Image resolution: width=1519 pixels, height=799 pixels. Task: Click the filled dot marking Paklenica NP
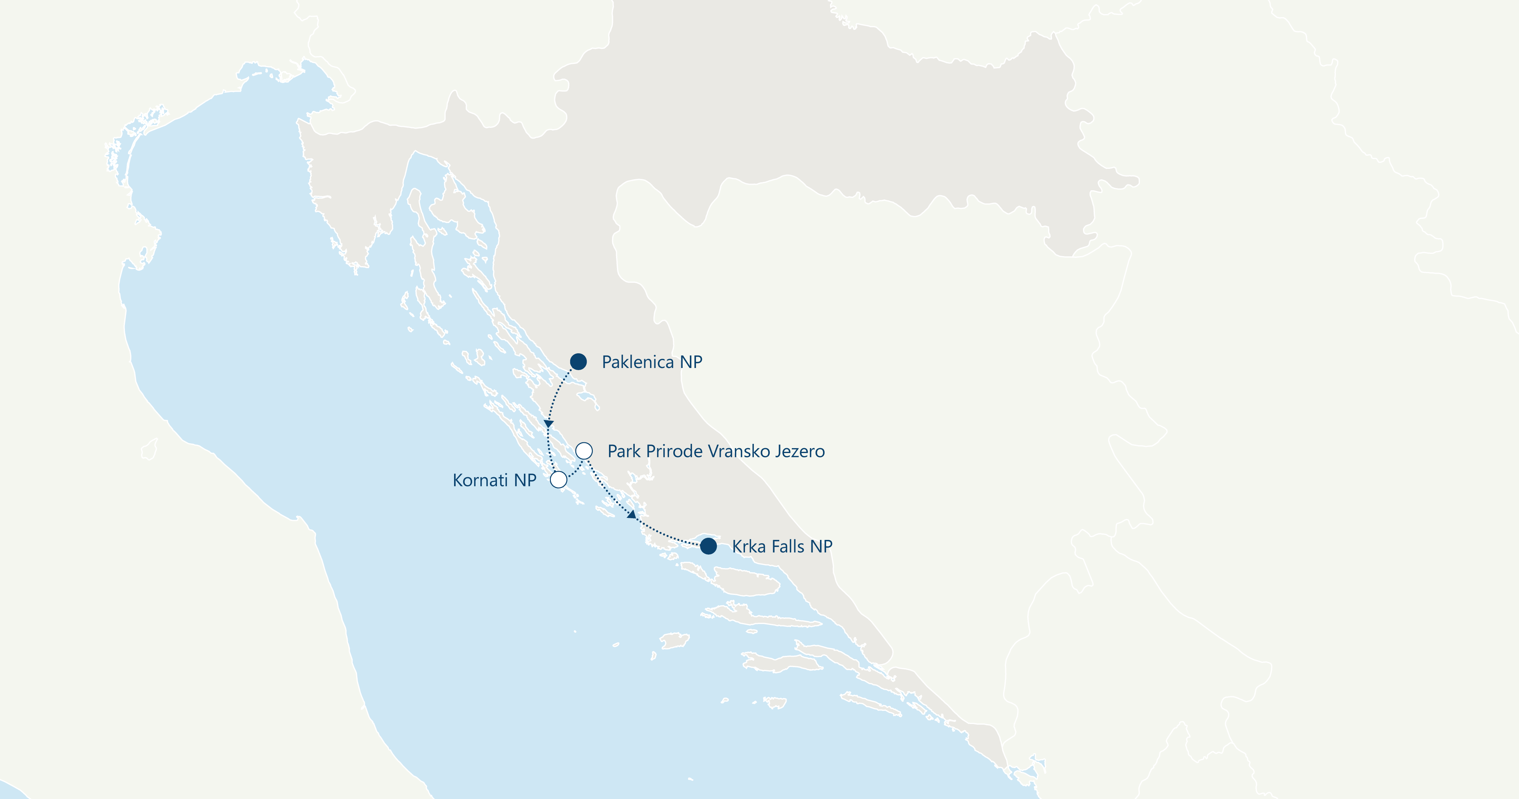[x=578, y=362]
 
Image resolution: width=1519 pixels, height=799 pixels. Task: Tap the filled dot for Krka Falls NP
[x=708, y=546]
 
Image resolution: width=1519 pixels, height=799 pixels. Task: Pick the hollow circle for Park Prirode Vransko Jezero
[x=584, y=451]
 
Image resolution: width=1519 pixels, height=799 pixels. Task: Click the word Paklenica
[x=637, y=362]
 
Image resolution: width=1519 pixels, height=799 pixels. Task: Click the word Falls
[x=787, y=546]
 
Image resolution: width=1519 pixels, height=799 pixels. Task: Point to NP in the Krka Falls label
[x=821, y=546]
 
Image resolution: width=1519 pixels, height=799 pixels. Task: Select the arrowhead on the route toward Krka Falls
[x=632, y=515]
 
